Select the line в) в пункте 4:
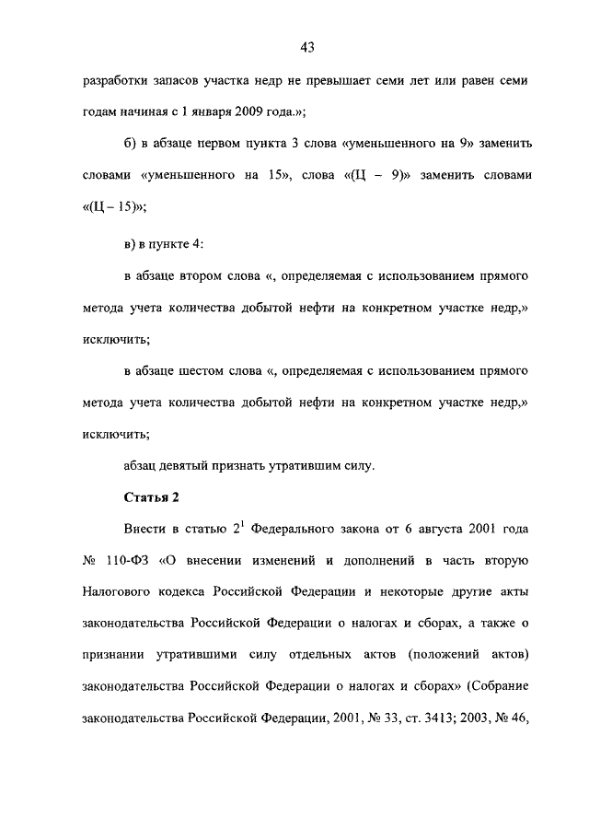[163, 242]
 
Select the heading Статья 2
[151, 497]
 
